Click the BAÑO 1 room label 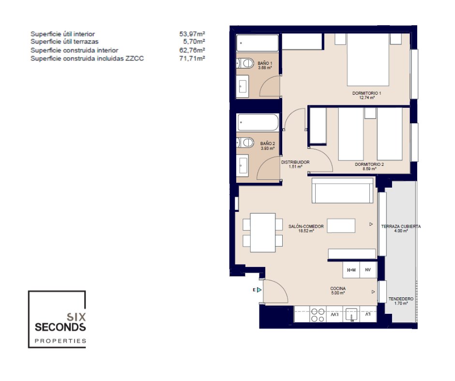pyautogui.click(x=265, y=63)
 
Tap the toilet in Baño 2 pyautogui.click(x=245, y=142)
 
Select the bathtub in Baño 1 pyautogui.click(x=258, y=43)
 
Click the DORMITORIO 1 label pyautogui.click(x=366, y=93)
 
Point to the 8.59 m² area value pyautogui.click(x=369, y=169)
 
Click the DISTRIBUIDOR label pyautogui.click(x=295, y=162)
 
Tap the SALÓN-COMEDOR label pyautogui.click(x=306, y=226)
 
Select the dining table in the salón pyautogui.click(x=263, y=233)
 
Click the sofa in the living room pyautogui.click(x=342, y=190)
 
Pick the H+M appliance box pyautogui.click(x=351, y=270)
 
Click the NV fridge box pyautogui.click(x=368, y=270)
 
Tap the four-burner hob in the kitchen pyautogui.click(x=318, y=315)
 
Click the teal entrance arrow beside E pyautogui.click(x=259, y=290)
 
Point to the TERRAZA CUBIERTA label pyautogui.click(x=401, y=226)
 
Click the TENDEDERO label pyautogui.click(x=401, y=299)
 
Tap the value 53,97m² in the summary pyautogui.click(x=192, y=34)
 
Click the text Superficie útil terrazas pyautogui.click(x=64, y=42)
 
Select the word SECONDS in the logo pyautogui.click(x=61, y=327)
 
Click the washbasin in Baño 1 pyautogui.click(x=243, y=87)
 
